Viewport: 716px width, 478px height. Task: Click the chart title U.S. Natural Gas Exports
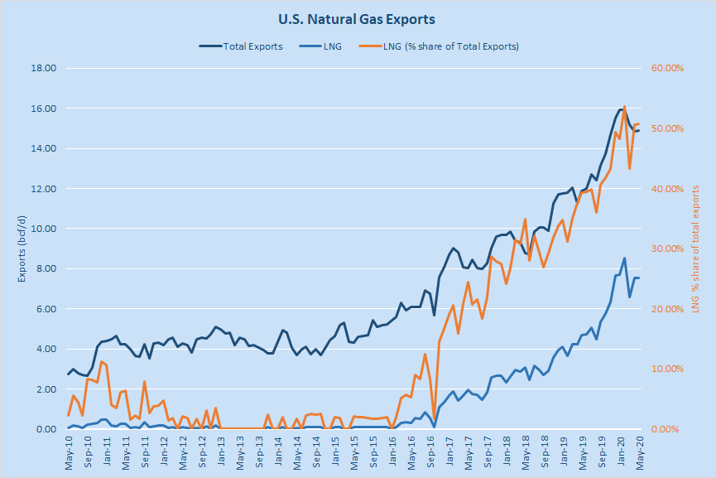coord(357,18)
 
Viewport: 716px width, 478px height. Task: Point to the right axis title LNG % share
coord(694,249)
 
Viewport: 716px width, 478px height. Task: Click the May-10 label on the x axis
coord(70,452)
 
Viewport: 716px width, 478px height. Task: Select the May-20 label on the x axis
coord(639,452)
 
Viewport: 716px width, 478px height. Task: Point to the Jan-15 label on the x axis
coord(335,452)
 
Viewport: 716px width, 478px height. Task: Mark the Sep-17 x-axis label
coord(487,452)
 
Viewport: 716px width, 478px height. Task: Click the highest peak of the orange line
coord(624,106)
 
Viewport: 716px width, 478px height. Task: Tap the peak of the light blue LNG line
coord(624,258)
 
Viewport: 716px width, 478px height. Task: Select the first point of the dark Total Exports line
coord(69,374)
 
